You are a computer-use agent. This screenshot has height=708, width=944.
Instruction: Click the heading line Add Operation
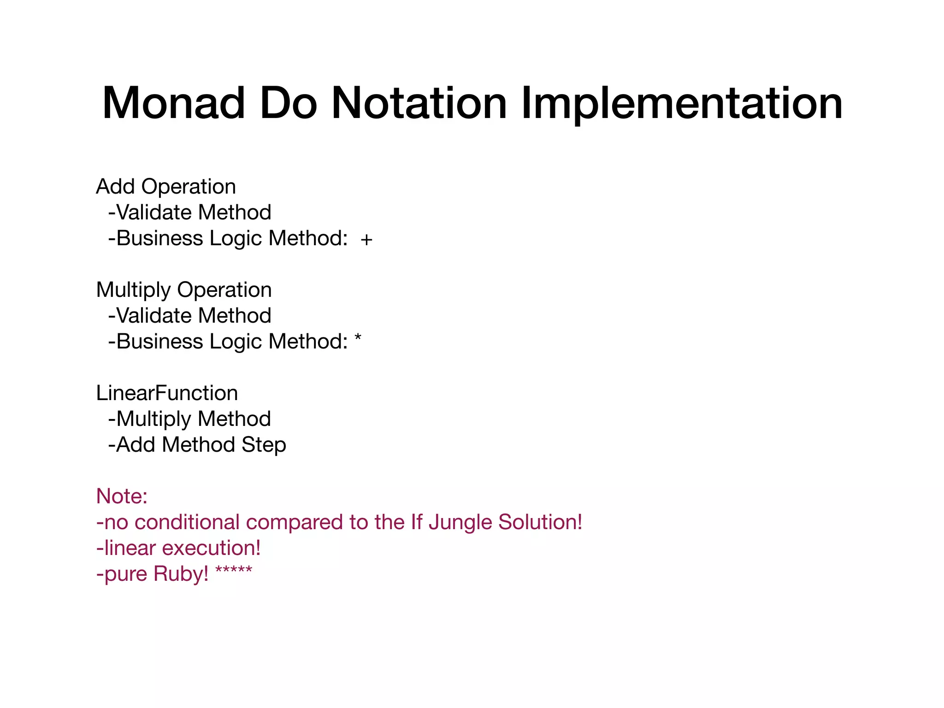coord(166,187)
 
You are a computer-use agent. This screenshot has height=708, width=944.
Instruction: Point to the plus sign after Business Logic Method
coord(366,240)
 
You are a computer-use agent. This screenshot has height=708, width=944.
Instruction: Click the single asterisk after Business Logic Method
coord(358,339)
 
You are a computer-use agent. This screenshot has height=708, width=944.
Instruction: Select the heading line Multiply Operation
coord(184,290)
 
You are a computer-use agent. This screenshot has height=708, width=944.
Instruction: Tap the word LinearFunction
coord(167,393)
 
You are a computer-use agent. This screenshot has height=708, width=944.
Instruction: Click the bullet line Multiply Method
coord(189,419)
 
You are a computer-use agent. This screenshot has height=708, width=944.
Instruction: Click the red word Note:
coord(122,496)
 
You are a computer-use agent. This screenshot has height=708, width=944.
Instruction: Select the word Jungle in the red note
coord(457,523)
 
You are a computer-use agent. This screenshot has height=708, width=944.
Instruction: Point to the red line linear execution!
coord(178,548)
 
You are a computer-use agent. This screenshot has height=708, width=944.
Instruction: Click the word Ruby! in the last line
coord(181,574)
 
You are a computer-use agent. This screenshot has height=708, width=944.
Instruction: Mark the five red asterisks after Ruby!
coord(234,571)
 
